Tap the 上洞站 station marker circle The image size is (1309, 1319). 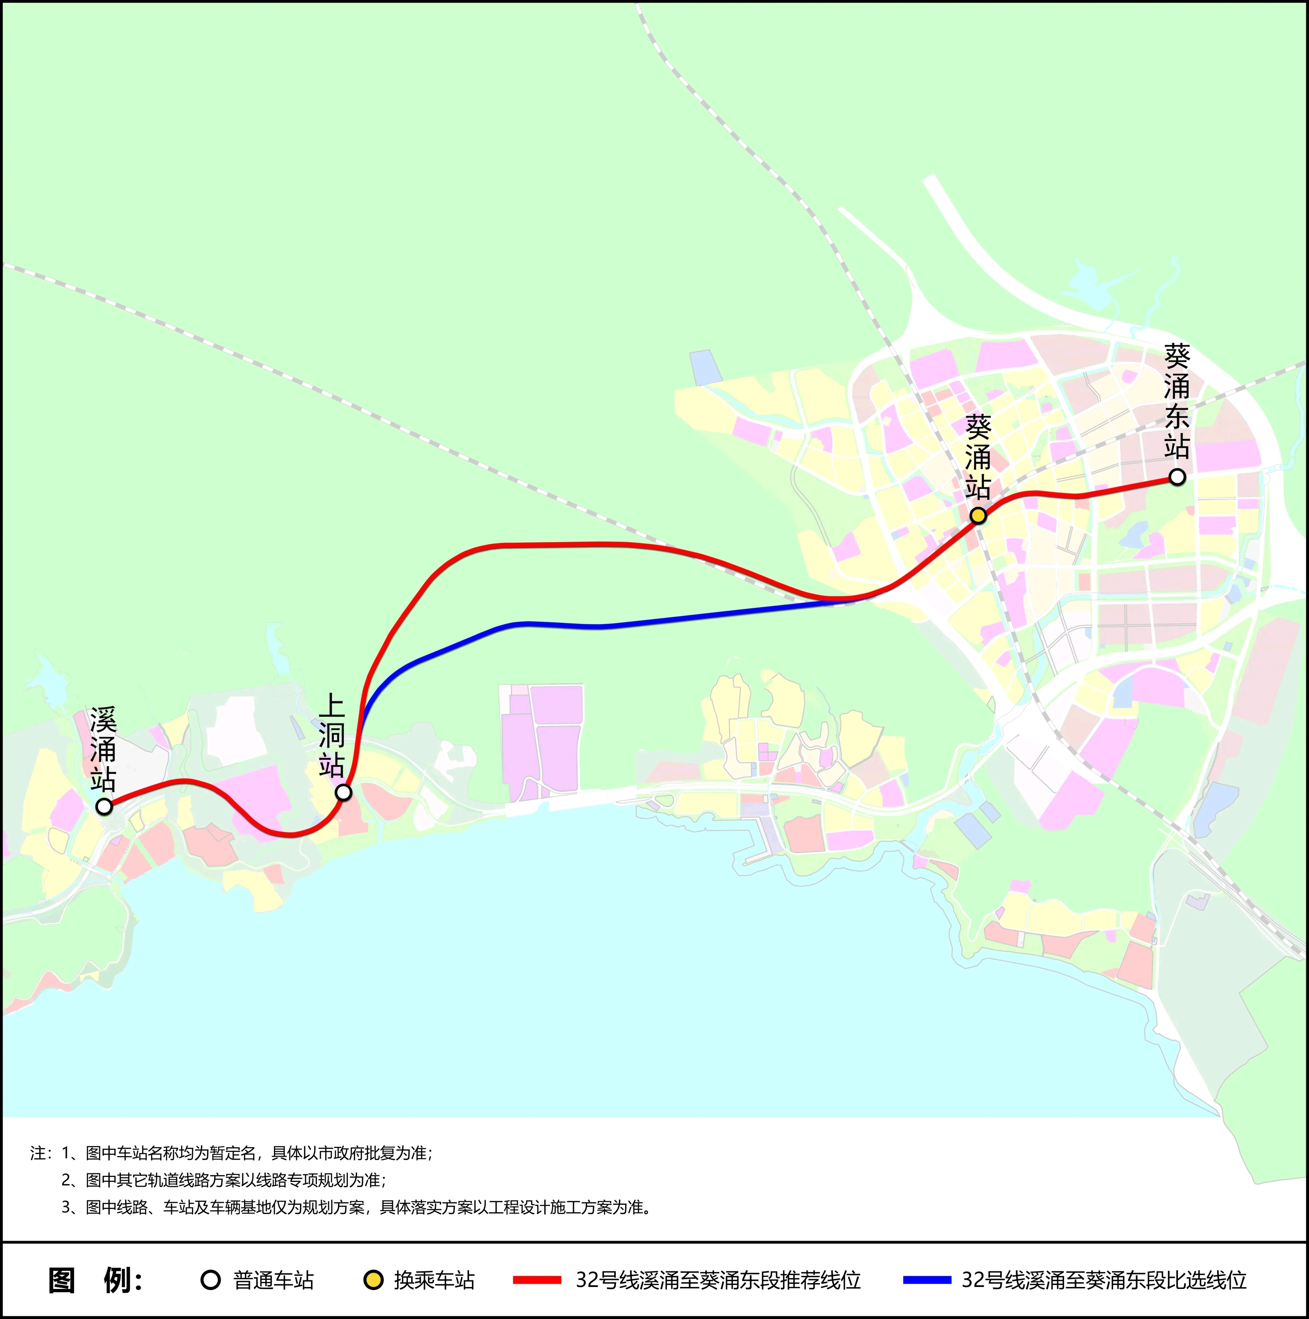344,792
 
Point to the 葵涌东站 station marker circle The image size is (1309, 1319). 1176,477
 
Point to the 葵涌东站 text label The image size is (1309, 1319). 1176,401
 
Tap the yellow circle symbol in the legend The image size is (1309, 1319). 373,1279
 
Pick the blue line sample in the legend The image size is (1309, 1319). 927,1279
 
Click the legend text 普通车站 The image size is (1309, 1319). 273,1279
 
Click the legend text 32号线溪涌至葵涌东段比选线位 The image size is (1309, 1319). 1104,1279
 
